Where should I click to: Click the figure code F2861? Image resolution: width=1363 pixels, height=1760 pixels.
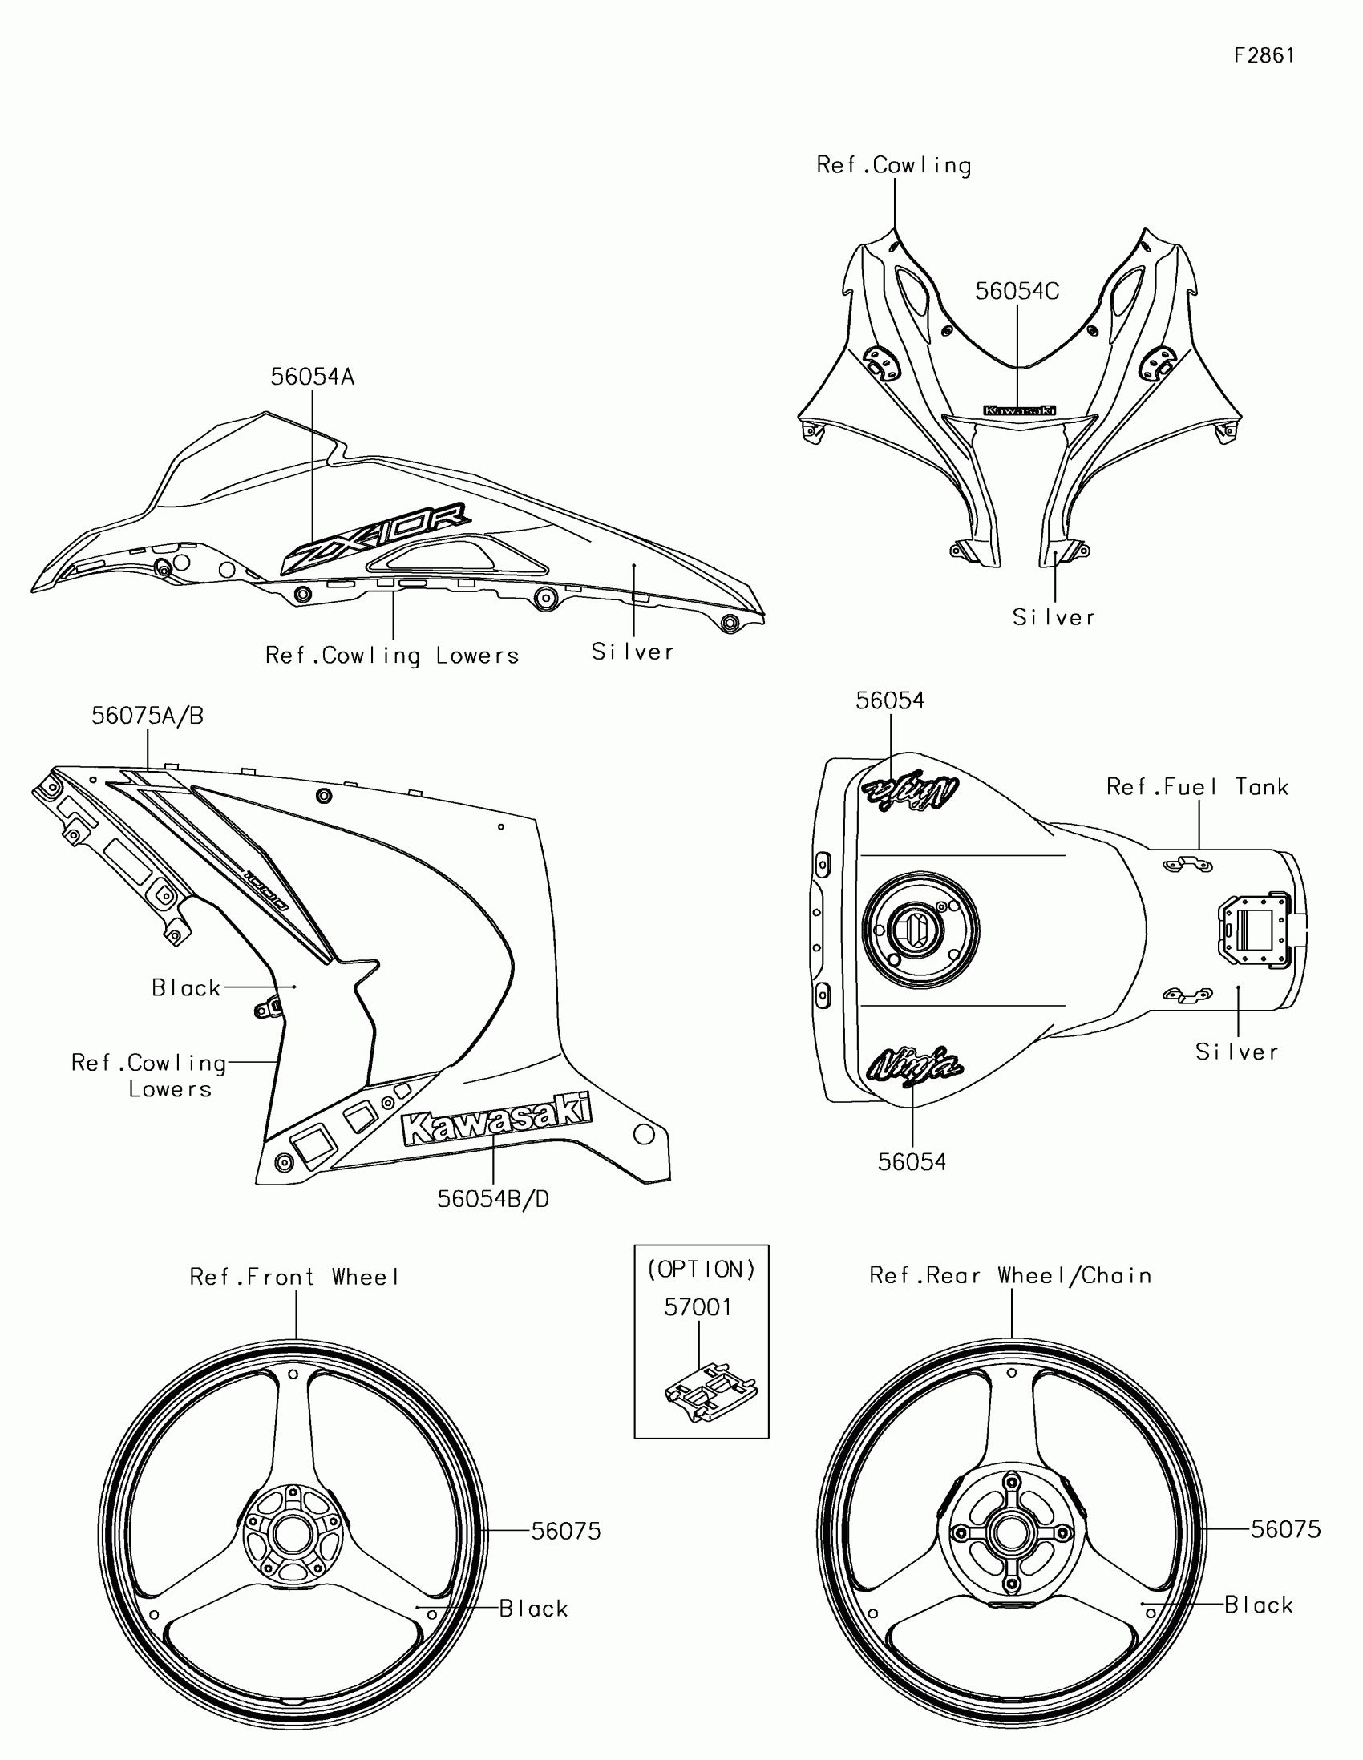(1264, 55)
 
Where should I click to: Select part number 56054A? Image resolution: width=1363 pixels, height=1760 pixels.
(312, 377)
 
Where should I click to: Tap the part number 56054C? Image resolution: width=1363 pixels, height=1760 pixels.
(1017, 291)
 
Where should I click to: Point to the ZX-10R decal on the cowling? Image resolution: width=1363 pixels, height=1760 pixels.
(376, 535)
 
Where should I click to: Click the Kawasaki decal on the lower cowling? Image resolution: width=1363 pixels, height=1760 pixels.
(496, 1118)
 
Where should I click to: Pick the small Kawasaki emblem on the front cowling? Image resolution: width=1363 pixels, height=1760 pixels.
(1019, 410)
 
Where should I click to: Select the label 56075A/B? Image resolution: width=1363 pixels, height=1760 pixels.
(148, 715)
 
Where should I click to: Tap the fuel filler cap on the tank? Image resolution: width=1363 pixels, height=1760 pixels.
(920, 930)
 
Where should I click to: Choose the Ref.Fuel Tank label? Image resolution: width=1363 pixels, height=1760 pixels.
(1197, 786)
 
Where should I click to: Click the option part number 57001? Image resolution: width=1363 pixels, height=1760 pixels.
(698, 1307)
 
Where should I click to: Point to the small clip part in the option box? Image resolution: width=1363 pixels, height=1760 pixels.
(711, 1391)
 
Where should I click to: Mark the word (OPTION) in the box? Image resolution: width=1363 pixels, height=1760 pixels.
(702, 1270)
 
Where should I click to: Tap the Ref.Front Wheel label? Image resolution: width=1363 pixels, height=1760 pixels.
(295, 1277)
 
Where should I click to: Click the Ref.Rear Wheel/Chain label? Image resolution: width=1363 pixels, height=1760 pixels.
(1010, 1275)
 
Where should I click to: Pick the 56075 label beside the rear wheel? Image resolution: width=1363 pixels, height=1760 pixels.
(1285, 1528)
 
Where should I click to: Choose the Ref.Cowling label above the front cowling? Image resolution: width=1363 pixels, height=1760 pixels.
(894, 165)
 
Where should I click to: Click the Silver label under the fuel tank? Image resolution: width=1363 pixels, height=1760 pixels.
(1236, 1052)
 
